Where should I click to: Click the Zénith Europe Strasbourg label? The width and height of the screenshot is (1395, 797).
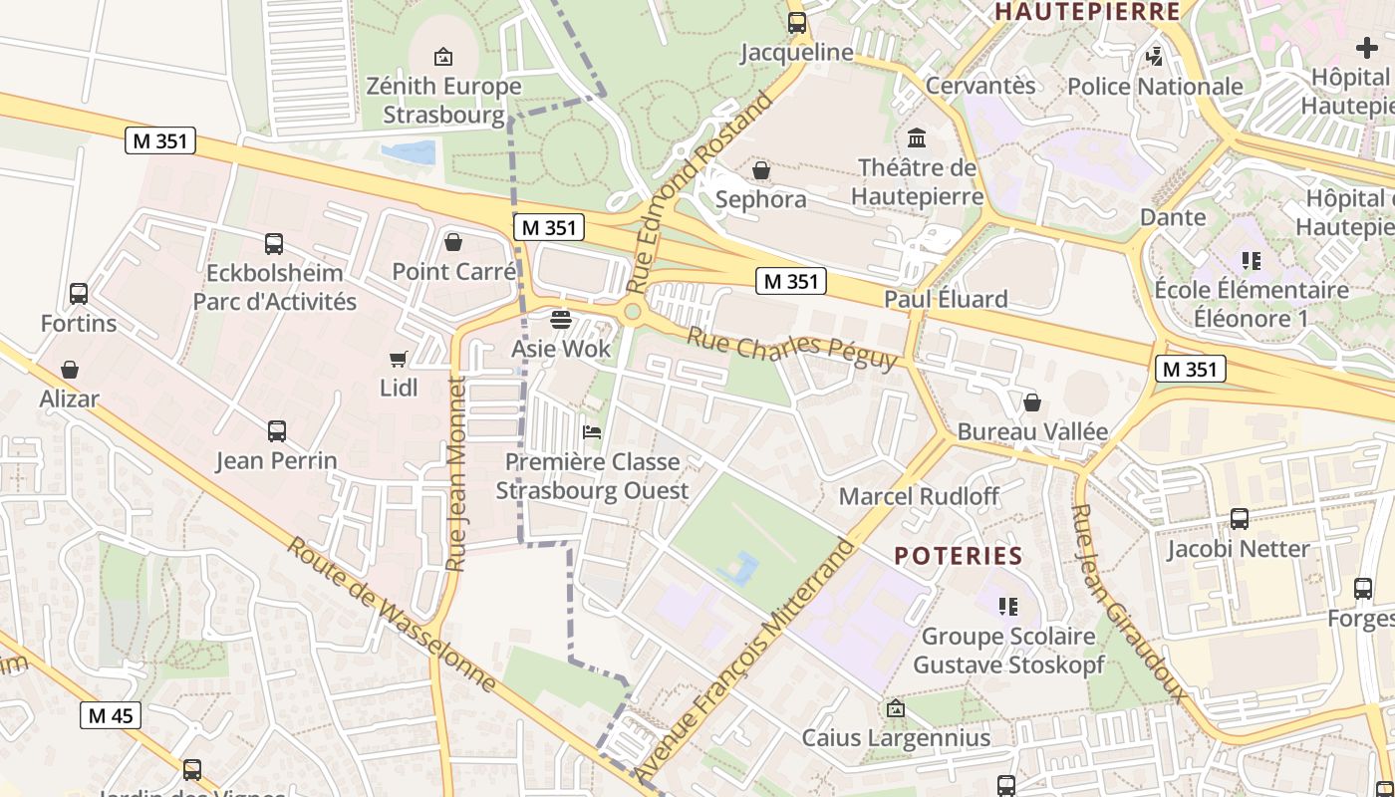point(443,100)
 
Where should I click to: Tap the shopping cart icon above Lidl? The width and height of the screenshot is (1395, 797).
point(399,359)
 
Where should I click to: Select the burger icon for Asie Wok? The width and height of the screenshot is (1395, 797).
point(561,320)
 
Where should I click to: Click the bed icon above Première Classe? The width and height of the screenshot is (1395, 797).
point(592,432)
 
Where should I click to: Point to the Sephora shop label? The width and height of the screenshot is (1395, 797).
point(761,199)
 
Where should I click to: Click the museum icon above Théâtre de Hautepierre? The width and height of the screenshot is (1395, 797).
point(917,137)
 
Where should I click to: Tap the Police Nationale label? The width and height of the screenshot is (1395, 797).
point(1155,87)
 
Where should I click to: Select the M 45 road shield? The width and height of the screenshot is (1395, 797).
point(111,715)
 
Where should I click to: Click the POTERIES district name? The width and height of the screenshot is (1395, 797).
point(959,556)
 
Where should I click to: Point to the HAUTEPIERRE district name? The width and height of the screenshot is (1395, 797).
point(1087,12)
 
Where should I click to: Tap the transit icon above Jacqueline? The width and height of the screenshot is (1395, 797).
point(797,23)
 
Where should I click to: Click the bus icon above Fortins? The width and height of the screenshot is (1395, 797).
point(79,294)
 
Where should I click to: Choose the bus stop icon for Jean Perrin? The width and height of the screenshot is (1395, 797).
point(277,431)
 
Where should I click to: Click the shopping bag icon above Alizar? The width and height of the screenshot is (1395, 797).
point(70,370)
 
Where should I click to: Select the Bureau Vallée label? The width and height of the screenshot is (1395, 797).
point(1032,431)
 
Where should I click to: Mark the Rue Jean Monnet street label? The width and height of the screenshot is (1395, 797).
point(456,474)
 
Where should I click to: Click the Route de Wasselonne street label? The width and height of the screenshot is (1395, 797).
point(391,615)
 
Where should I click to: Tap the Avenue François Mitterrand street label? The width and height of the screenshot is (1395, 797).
point(745,662)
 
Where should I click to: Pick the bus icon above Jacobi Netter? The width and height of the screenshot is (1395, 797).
point(1240,519)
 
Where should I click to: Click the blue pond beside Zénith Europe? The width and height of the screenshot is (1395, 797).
point(410,152)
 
